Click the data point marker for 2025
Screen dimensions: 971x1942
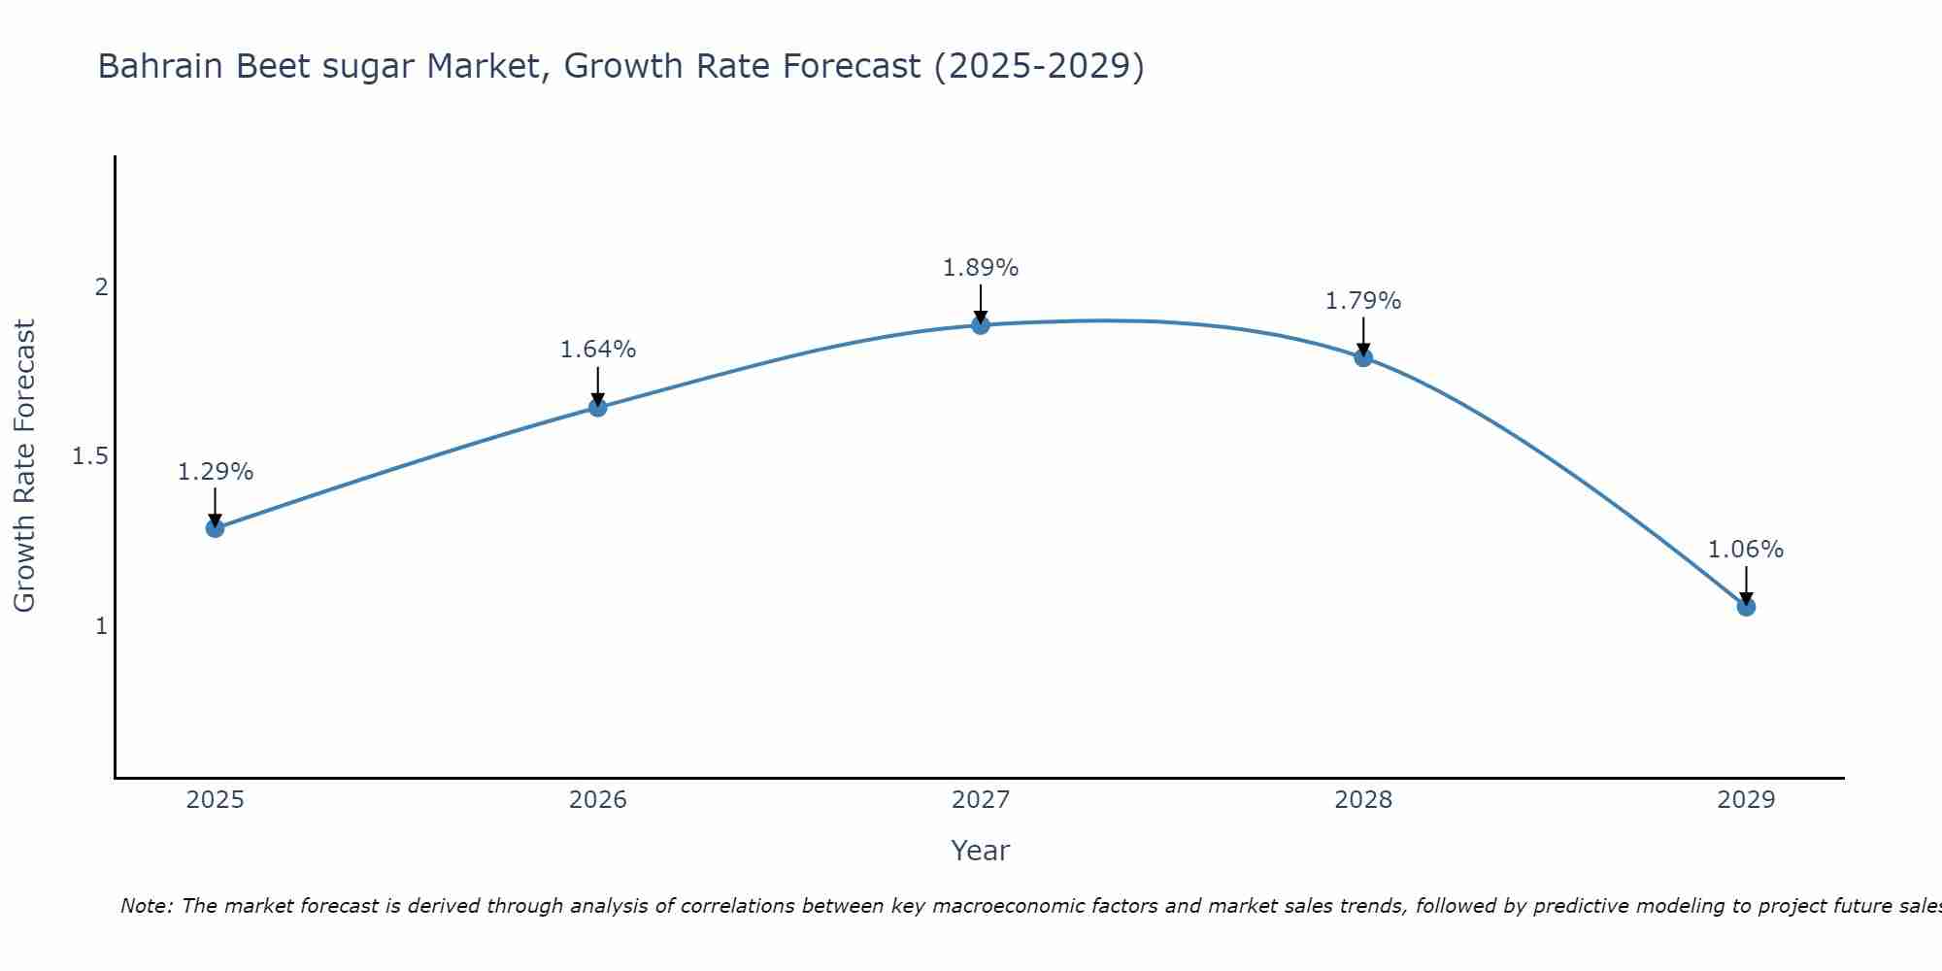point(215,528)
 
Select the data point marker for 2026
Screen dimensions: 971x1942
point(598,408)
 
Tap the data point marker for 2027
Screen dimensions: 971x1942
point(981,325)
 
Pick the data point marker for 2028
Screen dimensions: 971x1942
point(1363,357)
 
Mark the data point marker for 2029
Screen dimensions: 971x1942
point(1746,607)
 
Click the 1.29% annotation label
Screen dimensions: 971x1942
point(215,472)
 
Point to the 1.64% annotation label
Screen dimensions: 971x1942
point(598,350)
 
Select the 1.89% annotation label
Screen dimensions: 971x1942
point(981,268)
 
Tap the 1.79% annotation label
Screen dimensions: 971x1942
point(1363,301)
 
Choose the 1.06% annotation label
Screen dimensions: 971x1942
point(1746,550)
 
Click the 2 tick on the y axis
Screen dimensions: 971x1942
point(100,287)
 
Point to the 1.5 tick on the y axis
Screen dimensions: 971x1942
point(89,456)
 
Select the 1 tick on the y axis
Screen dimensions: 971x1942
point(100,626)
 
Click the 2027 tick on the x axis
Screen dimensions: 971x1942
point(981,800)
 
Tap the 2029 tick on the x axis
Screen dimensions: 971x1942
point(1746,800)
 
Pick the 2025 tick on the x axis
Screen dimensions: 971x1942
point(215,800)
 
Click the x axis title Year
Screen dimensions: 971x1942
point(981,851)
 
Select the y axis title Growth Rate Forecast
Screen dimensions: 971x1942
point(24,466)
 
